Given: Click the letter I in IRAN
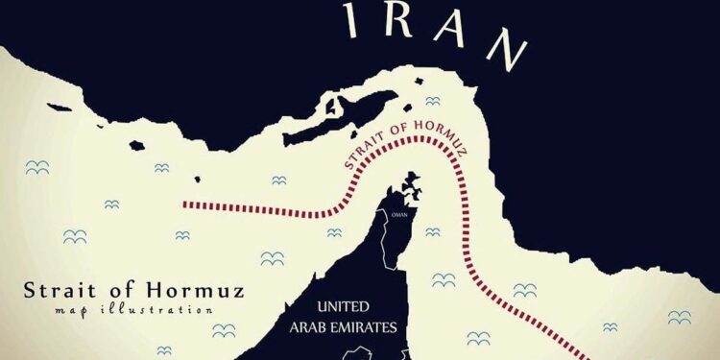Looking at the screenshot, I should click(x=355, y=19).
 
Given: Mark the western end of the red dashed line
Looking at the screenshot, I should click(x=184, y=204).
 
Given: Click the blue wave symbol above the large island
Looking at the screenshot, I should click(x=432, y=100).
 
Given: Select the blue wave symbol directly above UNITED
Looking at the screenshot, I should click(x=333, y=231).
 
